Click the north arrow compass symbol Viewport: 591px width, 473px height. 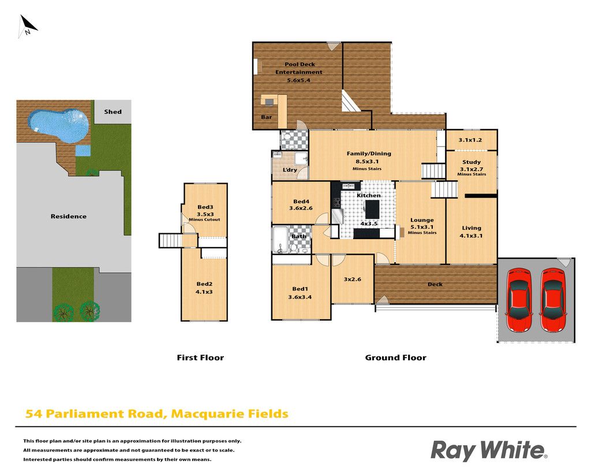[27, 26]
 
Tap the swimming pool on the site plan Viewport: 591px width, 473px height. [58, 125]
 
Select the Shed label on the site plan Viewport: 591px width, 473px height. [113, 111]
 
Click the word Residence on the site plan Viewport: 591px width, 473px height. [69, 216]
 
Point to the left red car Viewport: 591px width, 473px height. [519, 300]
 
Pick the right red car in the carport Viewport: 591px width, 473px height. [552, 300]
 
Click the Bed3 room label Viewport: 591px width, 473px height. [205, 207]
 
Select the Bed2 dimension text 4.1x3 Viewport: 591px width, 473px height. [204, 292]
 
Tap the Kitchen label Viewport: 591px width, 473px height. [369, 195]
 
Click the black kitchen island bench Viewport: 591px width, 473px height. [372, 209]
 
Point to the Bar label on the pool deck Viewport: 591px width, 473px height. [267, 117]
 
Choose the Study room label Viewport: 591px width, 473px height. [472, 162]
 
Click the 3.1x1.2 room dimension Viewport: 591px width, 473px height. [470, 140]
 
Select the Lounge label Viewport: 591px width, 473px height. [422, 220]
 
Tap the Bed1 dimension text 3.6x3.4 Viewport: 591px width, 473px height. [300, 297]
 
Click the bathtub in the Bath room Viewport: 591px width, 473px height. [280, 240]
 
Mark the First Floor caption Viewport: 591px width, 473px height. [200, 357]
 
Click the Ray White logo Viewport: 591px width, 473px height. [489, 450]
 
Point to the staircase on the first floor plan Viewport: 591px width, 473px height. [171, 241]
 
